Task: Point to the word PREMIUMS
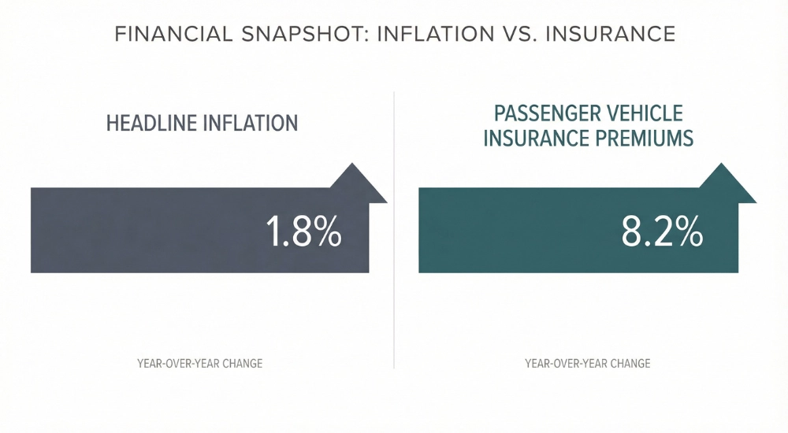point(643,139)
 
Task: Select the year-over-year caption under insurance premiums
point(588,364)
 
